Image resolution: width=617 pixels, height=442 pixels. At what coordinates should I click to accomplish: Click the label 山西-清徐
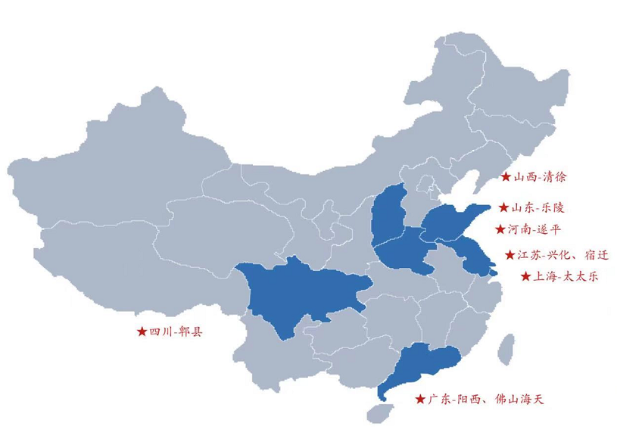pyautogui.click(x=540, y=178)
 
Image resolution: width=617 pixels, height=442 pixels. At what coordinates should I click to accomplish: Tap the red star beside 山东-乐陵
pyautogui.click(x=504, y=206)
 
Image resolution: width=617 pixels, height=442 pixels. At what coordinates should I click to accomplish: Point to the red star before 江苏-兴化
pyautogui.click(x=509, y=255)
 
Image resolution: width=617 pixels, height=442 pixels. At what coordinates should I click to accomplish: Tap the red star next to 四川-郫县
pyautogui.click(x=142, y=331)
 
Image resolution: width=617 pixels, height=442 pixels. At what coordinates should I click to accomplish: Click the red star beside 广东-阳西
pyautogui.click(x=419, y=399)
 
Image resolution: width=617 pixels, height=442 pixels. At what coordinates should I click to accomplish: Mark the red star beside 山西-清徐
pyautogui.click(x=505, y=178)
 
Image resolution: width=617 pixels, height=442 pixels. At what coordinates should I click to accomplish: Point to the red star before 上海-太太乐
pyautogui.click(x=526, y=277)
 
